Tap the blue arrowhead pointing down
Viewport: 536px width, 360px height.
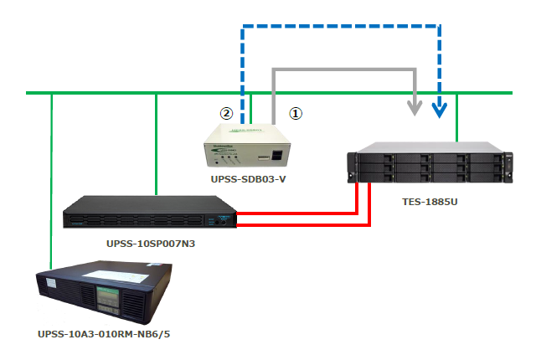[440, 109]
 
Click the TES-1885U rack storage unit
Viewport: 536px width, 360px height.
[430, 165]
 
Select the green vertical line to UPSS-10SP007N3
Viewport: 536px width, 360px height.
[157, 142]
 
